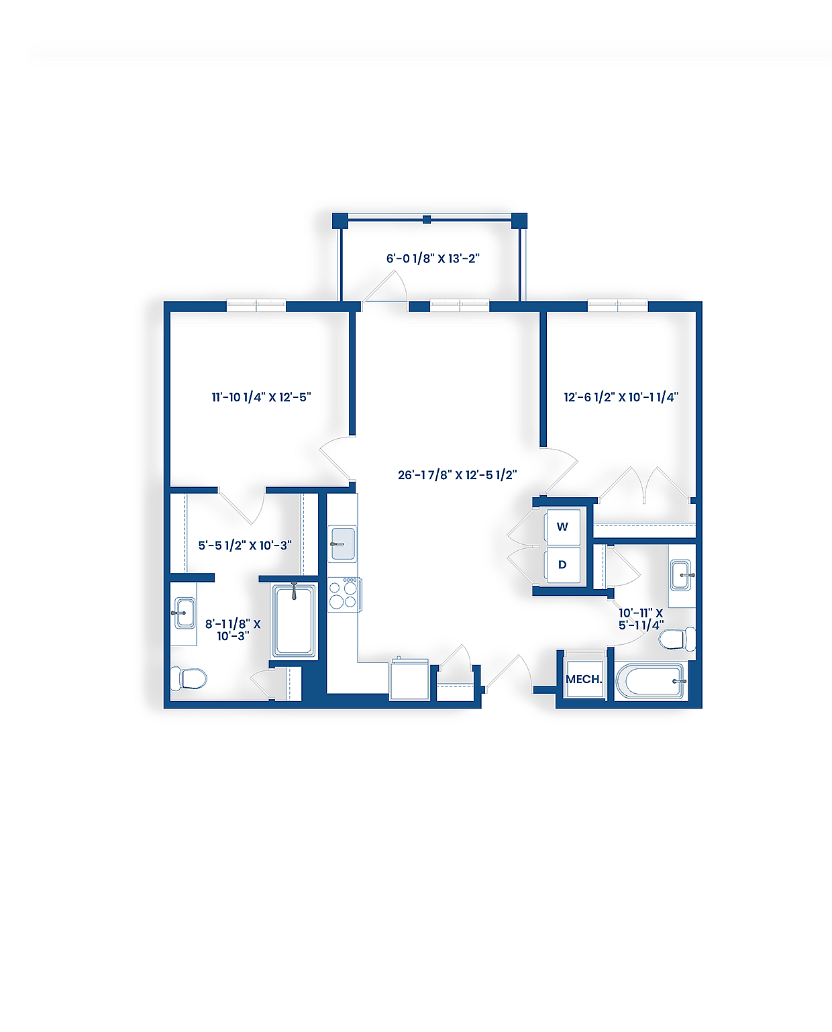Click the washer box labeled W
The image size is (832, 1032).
562,527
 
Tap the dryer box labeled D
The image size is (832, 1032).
562,565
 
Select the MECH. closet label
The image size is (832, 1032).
583,679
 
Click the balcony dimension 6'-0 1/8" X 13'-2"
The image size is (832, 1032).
433,258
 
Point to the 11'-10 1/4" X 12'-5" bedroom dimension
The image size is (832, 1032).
261,397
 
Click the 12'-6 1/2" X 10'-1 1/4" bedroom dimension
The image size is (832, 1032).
621,397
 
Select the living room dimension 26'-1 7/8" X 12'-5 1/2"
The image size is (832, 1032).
457,475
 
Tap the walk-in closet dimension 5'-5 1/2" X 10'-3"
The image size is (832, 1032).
244,546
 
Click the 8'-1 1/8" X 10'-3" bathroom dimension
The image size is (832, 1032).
233,630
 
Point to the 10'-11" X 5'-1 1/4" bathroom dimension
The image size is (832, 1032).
641,619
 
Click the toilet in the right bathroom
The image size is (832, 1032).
676,639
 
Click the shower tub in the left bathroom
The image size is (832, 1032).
294,621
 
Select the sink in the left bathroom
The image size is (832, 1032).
184,613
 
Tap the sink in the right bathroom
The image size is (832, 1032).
681,575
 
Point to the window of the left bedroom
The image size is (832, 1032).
256,306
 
